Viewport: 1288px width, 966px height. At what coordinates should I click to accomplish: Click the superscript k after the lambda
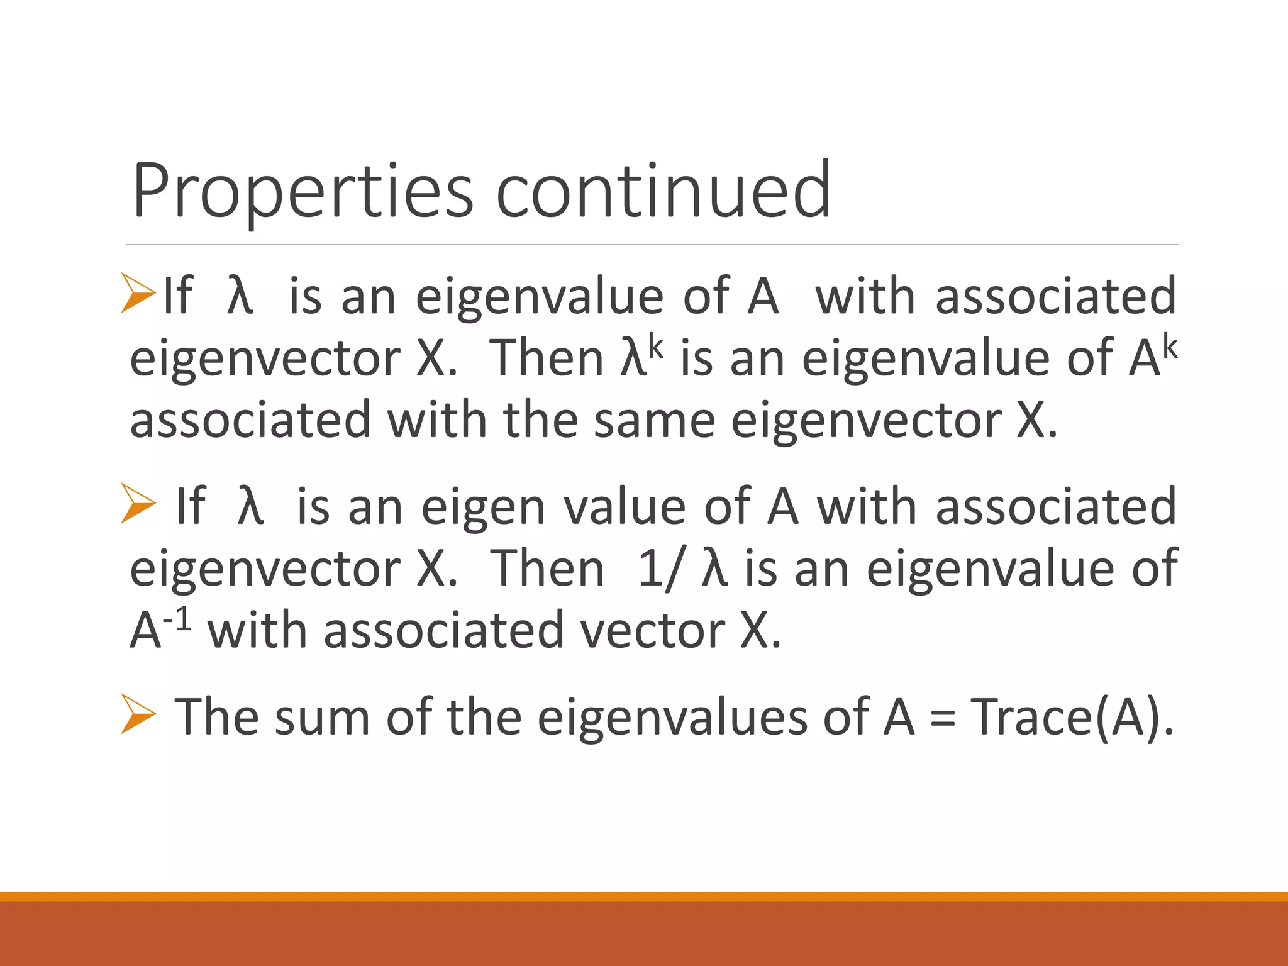tap(656, 348)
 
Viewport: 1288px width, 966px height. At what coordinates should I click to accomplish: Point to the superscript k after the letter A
tap(1170, 348)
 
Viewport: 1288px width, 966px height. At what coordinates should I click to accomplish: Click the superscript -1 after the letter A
tap(177, 621)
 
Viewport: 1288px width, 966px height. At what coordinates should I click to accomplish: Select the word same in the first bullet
tap(654, 421)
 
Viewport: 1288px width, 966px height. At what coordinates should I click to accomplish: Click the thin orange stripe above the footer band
tap(644, 896)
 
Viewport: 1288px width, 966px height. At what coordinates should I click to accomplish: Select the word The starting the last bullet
tap(216, 717)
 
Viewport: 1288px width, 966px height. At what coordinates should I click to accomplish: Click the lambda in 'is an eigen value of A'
tap(250, 506)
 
